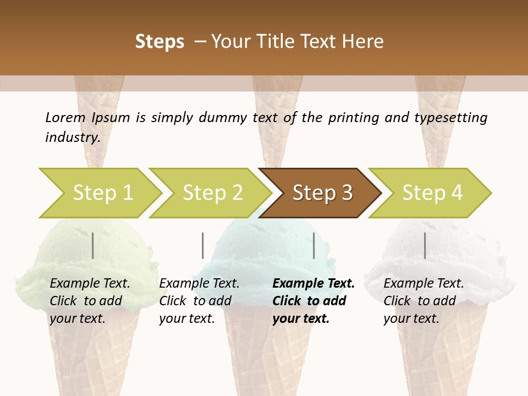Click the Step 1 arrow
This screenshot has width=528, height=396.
click(x=102, y=193)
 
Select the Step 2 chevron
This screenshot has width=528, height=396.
click(x=212, y=193)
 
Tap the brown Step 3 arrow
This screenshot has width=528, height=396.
click(x=322, y=193)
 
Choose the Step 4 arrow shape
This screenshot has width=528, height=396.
click(x=432, y=193)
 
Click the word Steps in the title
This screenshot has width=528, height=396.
click(x=159, y=42)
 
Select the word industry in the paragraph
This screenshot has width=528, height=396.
click(x=72, y=137)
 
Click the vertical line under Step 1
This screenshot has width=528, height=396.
click(x=93, y=245)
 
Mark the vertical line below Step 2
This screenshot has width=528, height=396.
click(x=203, y=245)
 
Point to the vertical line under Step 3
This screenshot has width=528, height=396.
click(x=314, y=245)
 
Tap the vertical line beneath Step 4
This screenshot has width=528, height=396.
click(x=425, y=245)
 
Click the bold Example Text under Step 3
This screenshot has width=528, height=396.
click(x=313, y=284)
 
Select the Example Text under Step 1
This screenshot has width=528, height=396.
click(x=90, y=284)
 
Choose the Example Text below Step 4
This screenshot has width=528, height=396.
click(x=424, y=284)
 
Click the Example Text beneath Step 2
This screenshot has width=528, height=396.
click(x=199, y=284)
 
